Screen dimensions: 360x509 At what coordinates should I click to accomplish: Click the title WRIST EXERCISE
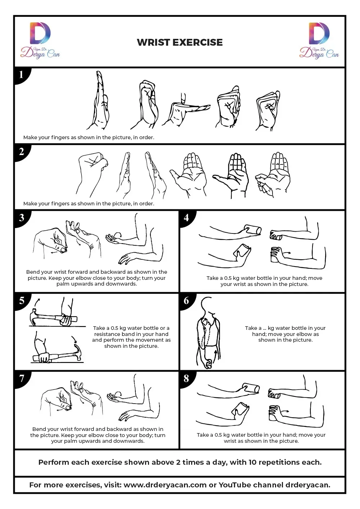coord(180,42)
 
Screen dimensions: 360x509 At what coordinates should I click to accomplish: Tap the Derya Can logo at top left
coord(40,40)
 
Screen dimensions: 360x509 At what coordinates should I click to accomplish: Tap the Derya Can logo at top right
coord(319,41)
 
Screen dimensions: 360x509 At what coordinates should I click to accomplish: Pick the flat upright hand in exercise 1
coord(99,100)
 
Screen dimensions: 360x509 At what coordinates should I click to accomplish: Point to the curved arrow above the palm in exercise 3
coord(117,235)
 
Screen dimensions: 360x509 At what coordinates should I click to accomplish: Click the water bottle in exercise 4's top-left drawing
coord(252,230)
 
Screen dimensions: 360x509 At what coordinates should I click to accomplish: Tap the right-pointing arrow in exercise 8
coord(285,411)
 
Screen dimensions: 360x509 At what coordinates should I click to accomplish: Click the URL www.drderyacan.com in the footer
coord(165,485)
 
